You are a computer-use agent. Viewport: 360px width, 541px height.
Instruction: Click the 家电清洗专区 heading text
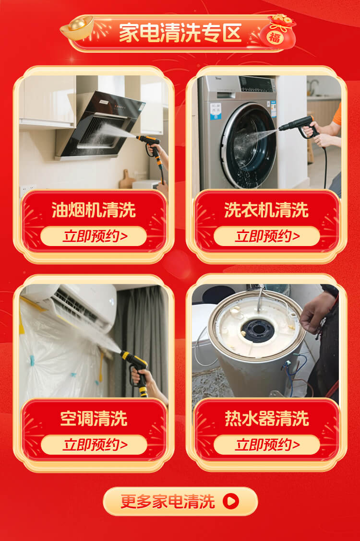[x=180, y=33]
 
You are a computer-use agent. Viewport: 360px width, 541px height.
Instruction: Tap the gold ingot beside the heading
[x=77, y=27]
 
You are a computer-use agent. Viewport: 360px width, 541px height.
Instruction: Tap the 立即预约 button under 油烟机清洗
[x=94, y=236]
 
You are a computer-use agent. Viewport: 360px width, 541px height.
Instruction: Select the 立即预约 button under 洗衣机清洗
[x=267, y=236]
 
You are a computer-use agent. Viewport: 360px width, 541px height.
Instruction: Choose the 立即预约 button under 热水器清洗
[x=267, y=445]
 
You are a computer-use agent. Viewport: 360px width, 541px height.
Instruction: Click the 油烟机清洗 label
[x=94, y=210]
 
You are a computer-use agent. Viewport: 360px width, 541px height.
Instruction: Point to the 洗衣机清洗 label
[x=266, y=210]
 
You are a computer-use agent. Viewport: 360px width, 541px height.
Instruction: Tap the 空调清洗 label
[x=94, y=419]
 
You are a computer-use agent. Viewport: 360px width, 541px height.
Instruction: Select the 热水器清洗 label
[x=266, y=419]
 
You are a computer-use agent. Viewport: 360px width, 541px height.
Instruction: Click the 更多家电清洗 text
[x=168, y=501]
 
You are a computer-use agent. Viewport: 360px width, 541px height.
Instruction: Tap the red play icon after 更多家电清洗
[x=231, y=501]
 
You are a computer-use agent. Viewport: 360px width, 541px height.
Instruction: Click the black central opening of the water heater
[x=258, y=329]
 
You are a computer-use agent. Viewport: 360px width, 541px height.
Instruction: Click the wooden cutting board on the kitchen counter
[x=127, y=179]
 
